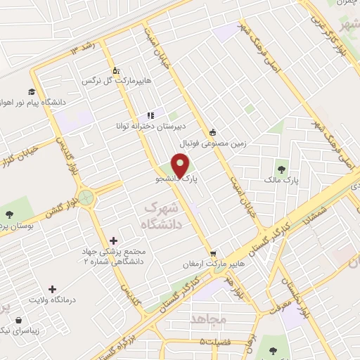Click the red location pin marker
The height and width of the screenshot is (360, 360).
point(181,165)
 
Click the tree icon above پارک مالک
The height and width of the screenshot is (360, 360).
point(282,169)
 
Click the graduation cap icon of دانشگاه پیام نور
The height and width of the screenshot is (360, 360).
point(31,91)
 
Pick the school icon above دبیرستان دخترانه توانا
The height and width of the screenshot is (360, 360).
point(150,115)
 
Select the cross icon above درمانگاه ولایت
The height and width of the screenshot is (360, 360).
point(52,289)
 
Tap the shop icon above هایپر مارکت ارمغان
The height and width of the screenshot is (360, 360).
point(213,254)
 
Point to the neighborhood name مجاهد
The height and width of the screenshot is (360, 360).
point(210,319)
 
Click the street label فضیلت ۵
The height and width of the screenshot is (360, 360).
point(214,342)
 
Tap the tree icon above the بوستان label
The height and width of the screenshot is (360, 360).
point(9,215)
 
